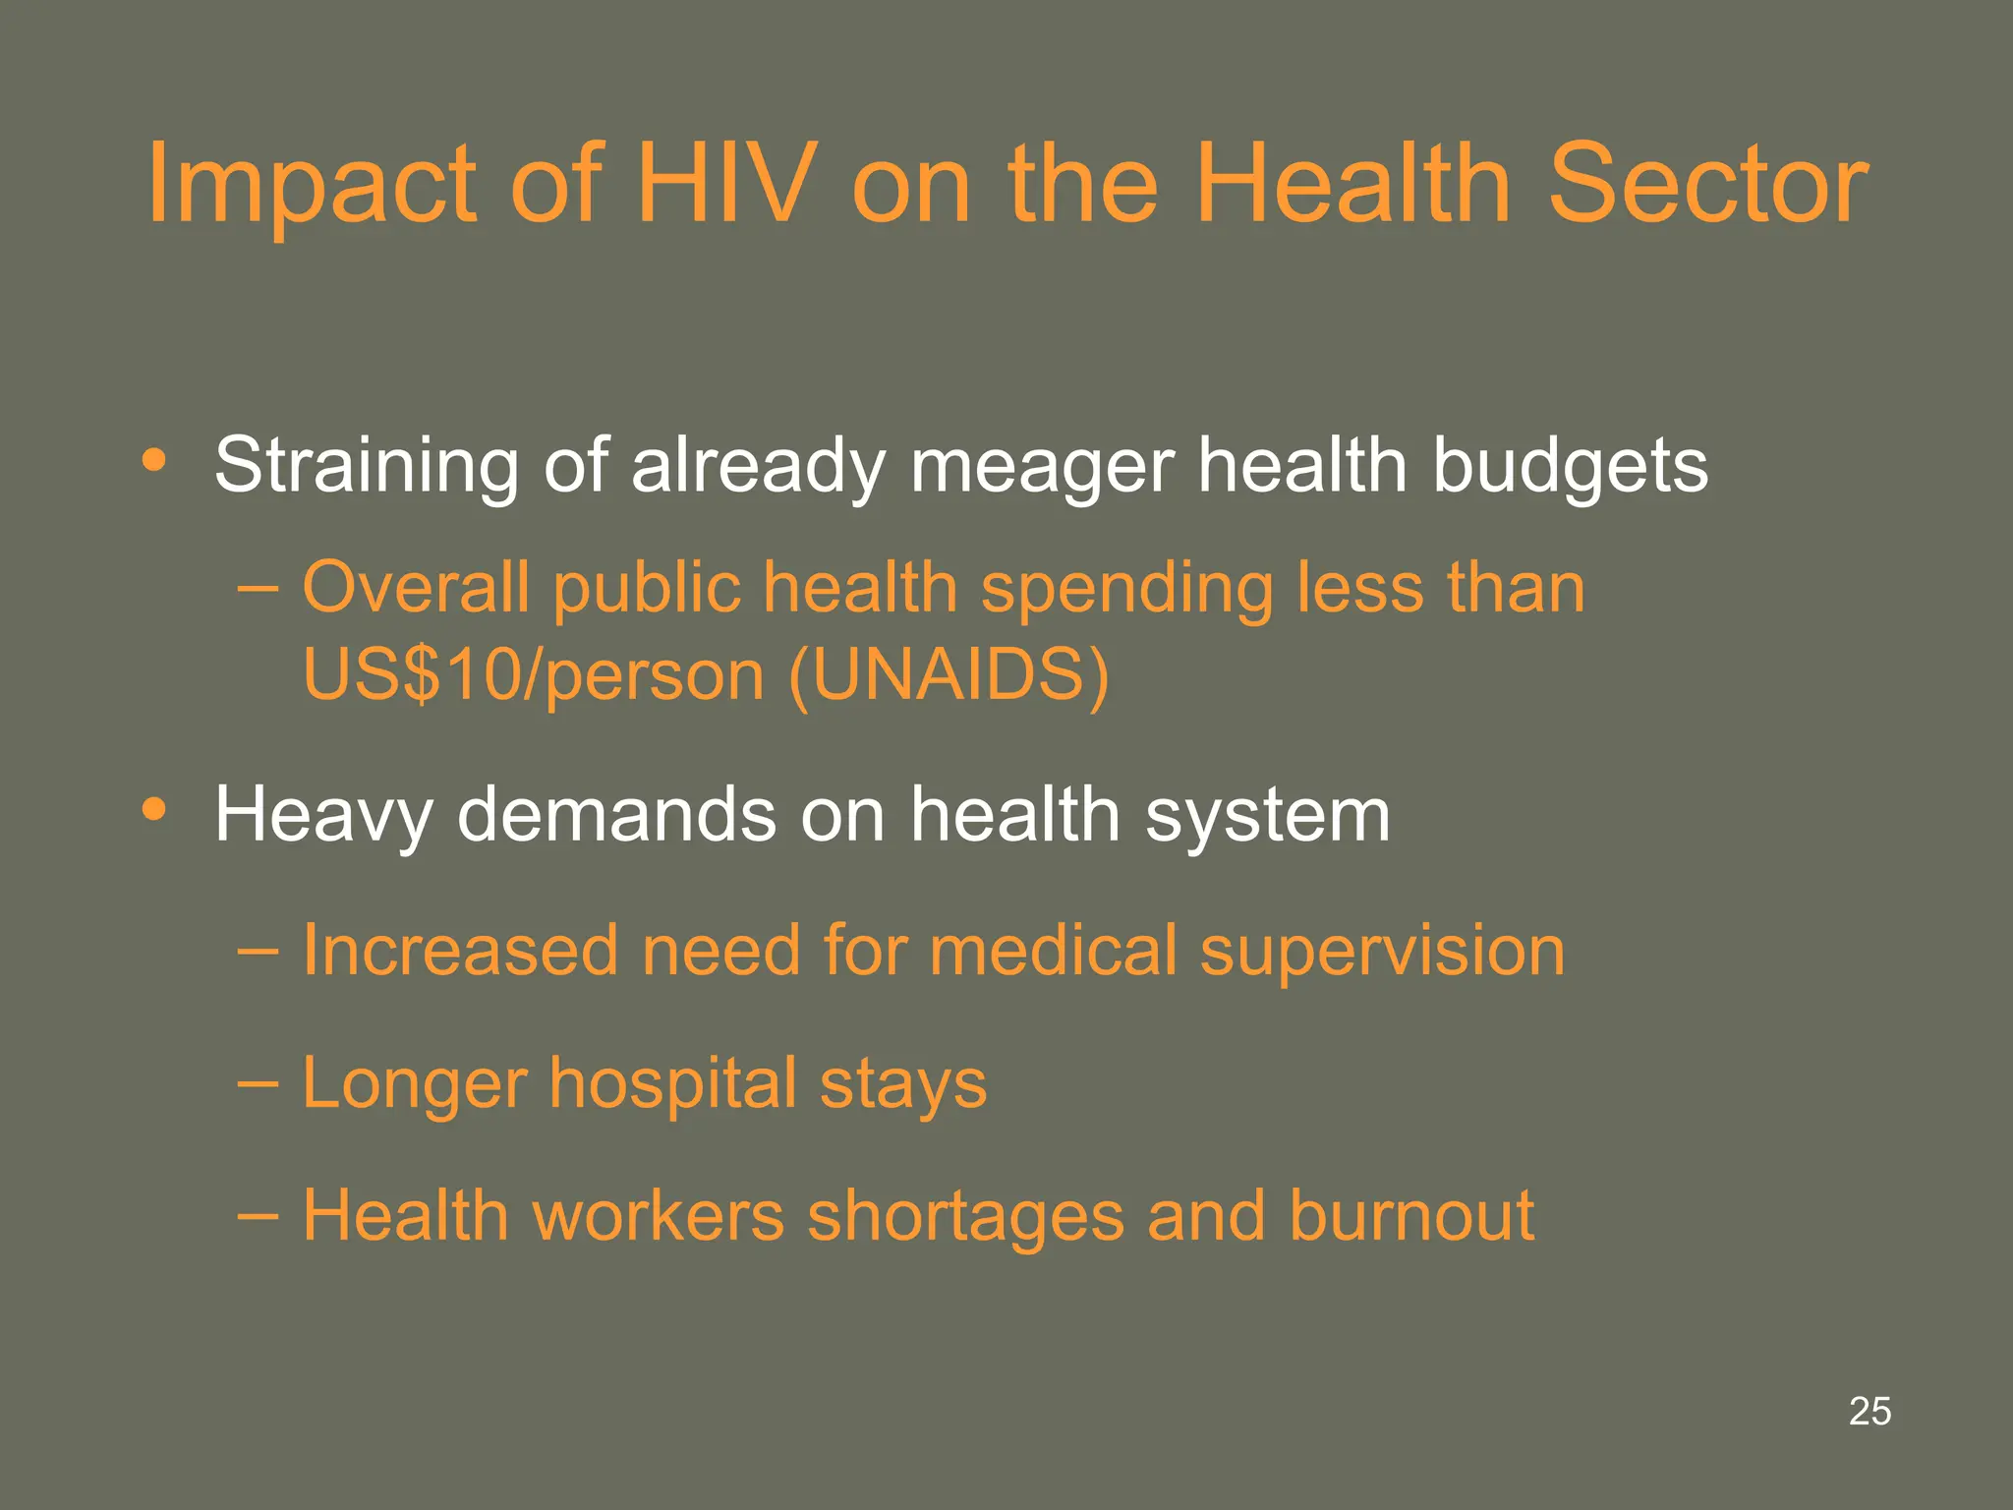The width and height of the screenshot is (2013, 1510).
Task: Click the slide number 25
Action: (x=1869, y=1411)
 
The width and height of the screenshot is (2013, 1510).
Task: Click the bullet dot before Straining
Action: (x=153, y=459)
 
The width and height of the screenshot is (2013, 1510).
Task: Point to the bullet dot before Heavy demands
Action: (x=153, y=809)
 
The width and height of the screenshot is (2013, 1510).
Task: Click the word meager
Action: (x=1042, y=466)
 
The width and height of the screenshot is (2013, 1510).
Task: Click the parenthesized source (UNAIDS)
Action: (x=949, y=674)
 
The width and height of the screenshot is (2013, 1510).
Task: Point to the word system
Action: (x=1268, y=816)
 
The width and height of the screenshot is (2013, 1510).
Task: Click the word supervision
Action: (x=1382, y=952)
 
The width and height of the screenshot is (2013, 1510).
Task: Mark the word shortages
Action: (x=965, y=1217)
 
